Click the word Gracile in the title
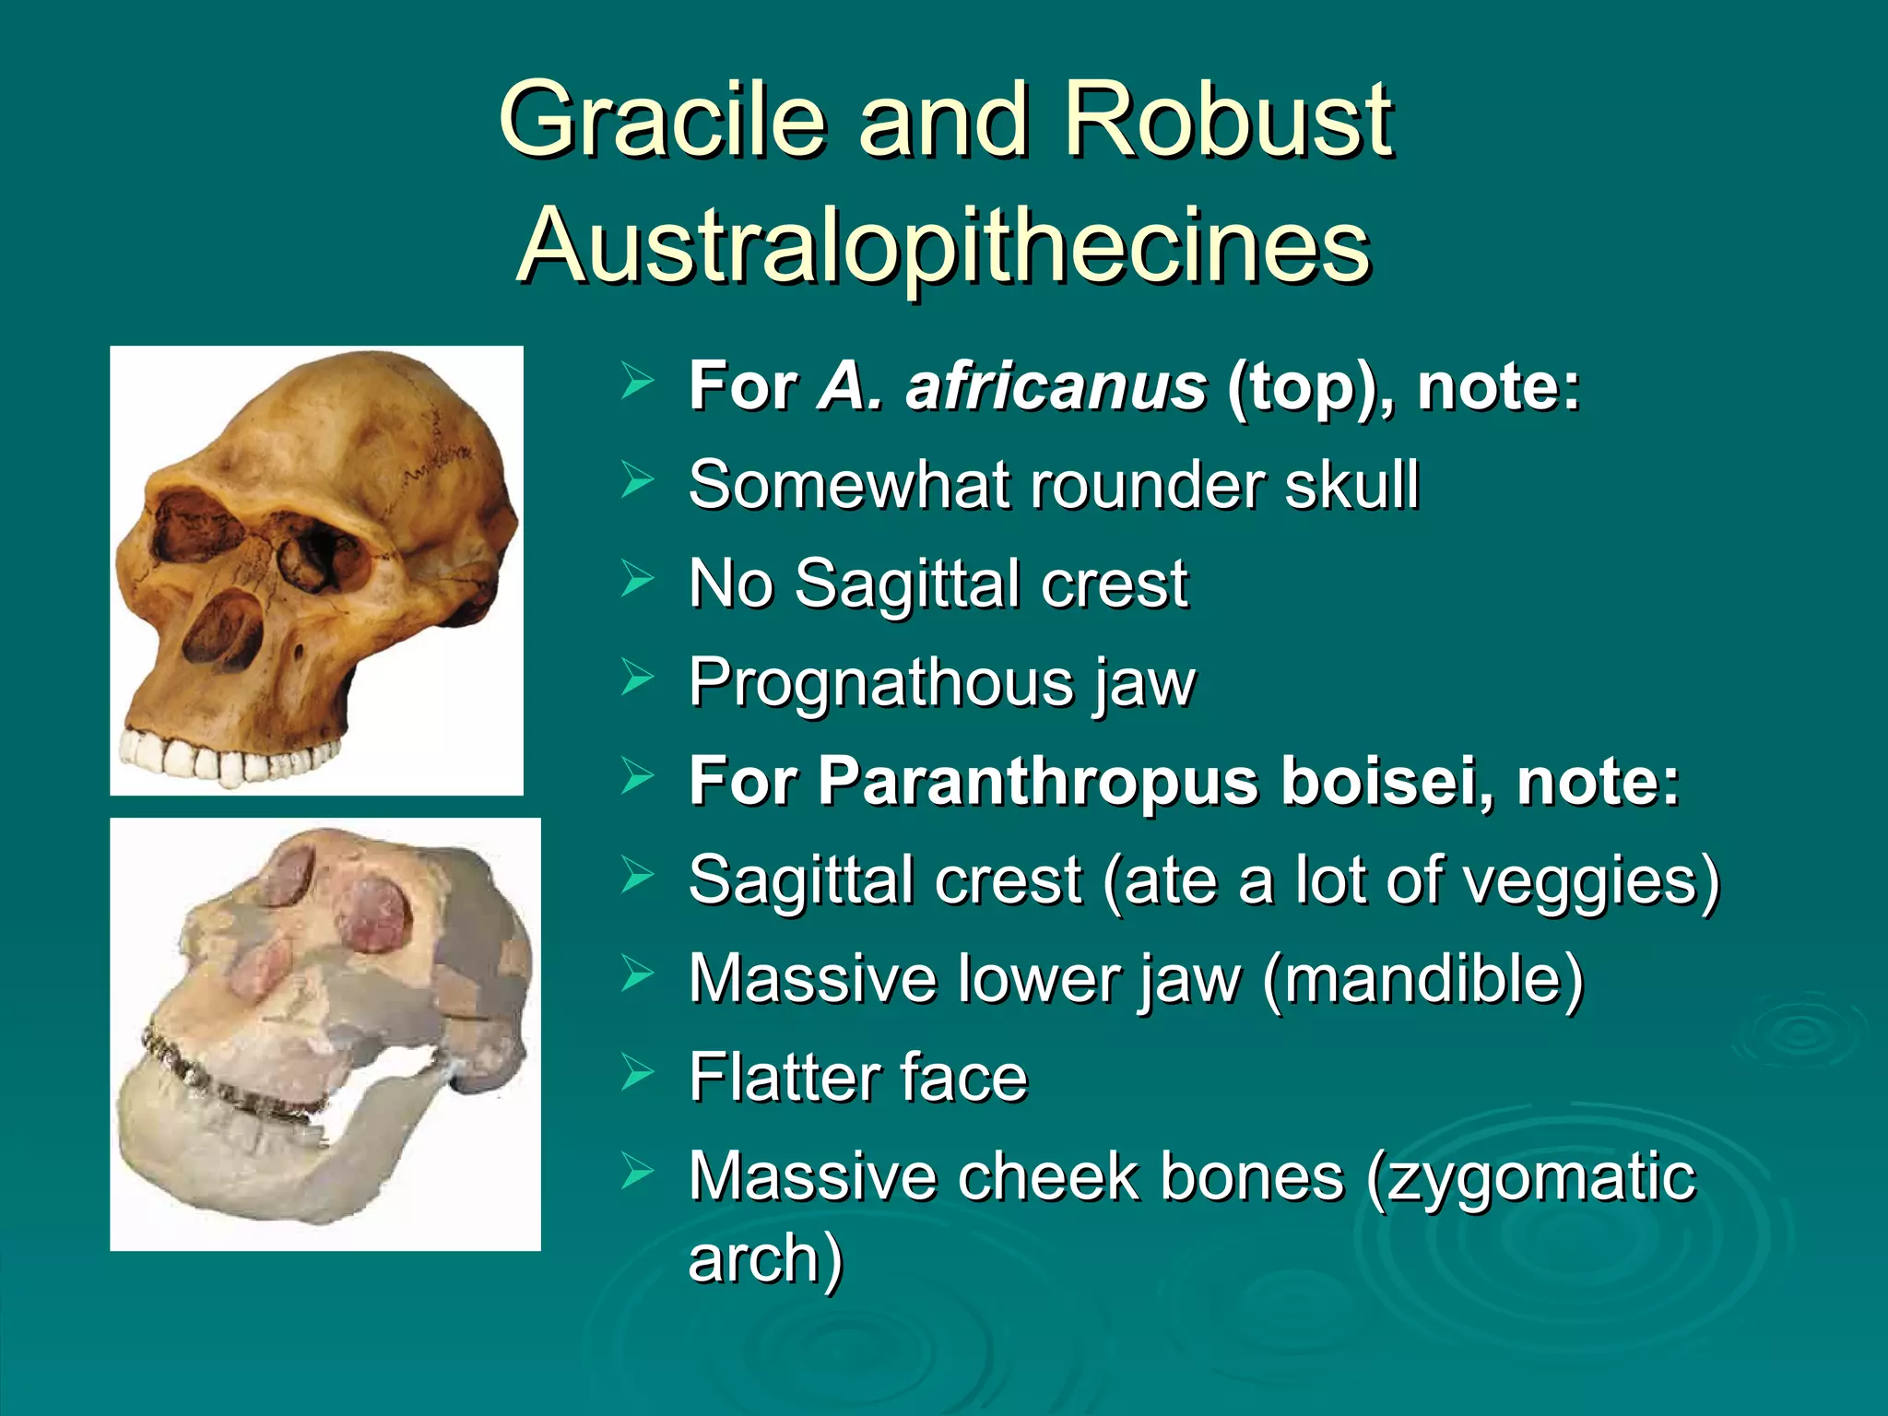662,120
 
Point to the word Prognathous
880,683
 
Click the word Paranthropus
1037,782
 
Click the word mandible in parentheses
1423,979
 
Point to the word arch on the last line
756,1258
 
